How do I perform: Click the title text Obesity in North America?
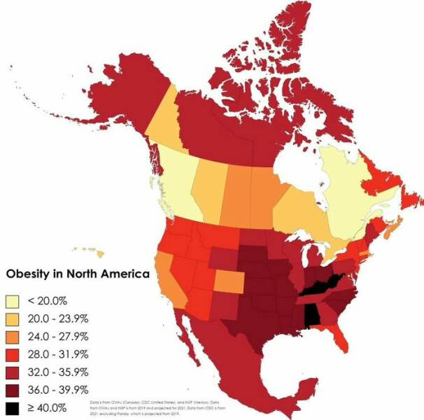click(x=78, y=274)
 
